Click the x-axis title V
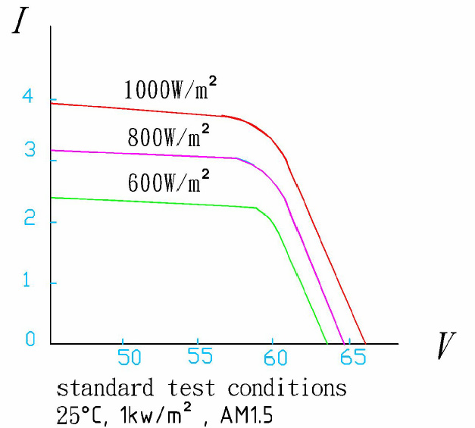tap(447, 346)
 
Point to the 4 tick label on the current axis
tap(29, 97)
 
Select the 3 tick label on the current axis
tap(30, 150)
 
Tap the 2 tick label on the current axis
tap(30, 220)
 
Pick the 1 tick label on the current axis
tap(30, 280)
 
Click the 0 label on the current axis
tap(30, 339)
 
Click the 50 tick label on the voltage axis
tap(129, 356)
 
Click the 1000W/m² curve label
tap(171, 90)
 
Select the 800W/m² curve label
tap(168, 137)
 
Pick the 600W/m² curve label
tap(168, 182)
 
